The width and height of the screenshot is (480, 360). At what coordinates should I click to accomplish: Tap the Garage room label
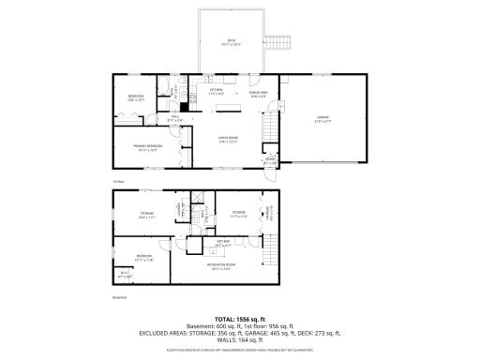pos(322,119)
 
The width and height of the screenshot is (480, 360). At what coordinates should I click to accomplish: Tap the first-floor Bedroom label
pos(136,98)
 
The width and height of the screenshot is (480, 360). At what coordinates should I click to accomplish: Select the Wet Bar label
pos(222,243)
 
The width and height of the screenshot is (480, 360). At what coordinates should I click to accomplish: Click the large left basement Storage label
pos(147,215)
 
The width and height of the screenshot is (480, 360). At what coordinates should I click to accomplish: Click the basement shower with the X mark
pos(198,199)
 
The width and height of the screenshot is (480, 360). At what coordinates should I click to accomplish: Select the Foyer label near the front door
pos(270,160)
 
